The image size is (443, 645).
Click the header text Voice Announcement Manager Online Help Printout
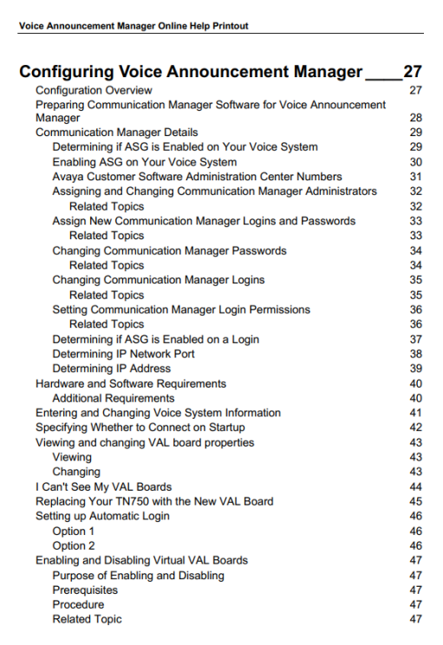click(134, 26)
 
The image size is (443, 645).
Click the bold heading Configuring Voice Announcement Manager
click(191, 72)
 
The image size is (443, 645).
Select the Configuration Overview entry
click(94, 90)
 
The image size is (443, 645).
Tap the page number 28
click(415, 118)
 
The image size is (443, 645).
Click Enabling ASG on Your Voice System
click(144, 162)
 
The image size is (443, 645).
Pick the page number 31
click(415, 177)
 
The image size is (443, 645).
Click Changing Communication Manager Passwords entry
click(169, 251)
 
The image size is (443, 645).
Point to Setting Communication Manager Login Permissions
click(181, 309)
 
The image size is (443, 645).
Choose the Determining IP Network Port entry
click(123, 354)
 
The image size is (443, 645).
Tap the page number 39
click(415, 368)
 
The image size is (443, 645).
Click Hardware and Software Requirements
click(130, 383)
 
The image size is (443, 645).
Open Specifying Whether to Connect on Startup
click(140, 427)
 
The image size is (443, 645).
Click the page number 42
click(415, 427)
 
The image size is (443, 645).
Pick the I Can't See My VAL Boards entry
click(103, 486)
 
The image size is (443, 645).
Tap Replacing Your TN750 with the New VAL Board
click(154, 501)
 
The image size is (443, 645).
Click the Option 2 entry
click(74, 545)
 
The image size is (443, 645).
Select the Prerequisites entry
click(85, 590)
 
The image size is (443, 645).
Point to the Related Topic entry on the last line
click(87, 619)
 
